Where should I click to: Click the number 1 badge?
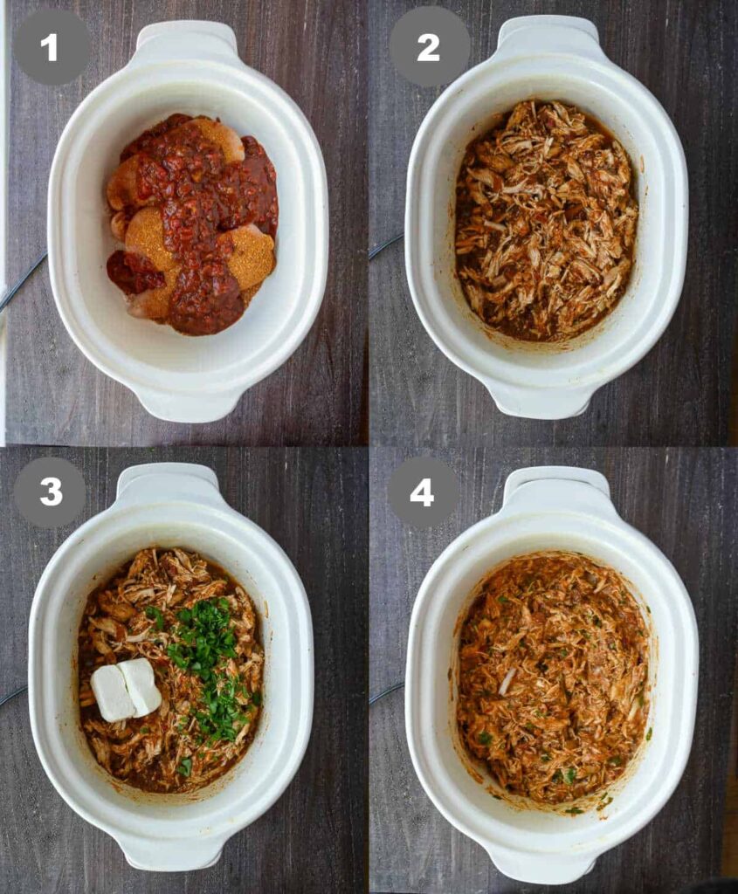[50, 48]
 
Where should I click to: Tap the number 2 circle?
[428, 48]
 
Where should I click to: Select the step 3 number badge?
[50, 492]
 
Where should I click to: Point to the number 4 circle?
[422, 492]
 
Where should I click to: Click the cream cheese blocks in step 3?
[126, 689]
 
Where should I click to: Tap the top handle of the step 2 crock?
[548, 35]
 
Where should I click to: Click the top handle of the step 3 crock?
[169, 482]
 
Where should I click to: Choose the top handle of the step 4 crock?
[556, 485]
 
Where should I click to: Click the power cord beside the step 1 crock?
[23, 282]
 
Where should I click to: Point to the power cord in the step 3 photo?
[14, 694]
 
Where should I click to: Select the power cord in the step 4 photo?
[388, 692]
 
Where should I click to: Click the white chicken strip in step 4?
[507, 681]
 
